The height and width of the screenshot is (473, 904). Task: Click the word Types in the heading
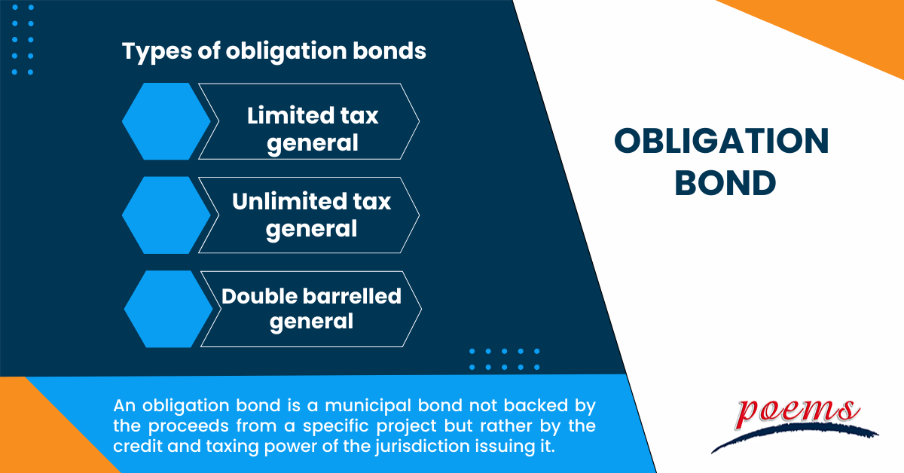pyautogui.click(x=157, y=52)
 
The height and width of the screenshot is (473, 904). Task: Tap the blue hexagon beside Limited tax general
pyautogui.click(x=166, y=121)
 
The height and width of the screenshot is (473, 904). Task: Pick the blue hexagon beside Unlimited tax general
pyautogui.click(x=166, y=215)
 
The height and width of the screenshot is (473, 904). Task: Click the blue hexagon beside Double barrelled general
pyautogui.click(x=168, y=309)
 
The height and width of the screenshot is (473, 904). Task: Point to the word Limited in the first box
pyautogui.click(x=291, y=115)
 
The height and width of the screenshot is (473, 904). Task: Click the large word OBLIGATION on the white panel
pyautogui.click(x=722, y=142)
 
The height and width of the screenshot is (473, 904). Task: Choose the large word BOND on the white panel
pyautogui.click(x=725, y=183)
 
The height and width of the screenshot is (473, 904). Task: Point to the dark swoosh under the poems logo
pyautogui.click(x=794, y=437)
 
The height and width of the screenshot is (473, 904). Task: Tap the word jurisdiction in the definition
pyautogui.click(x=422, y=447)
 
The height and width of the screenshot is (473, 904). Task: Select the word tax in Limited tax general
pyautogui.click(x=359, y=116)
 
